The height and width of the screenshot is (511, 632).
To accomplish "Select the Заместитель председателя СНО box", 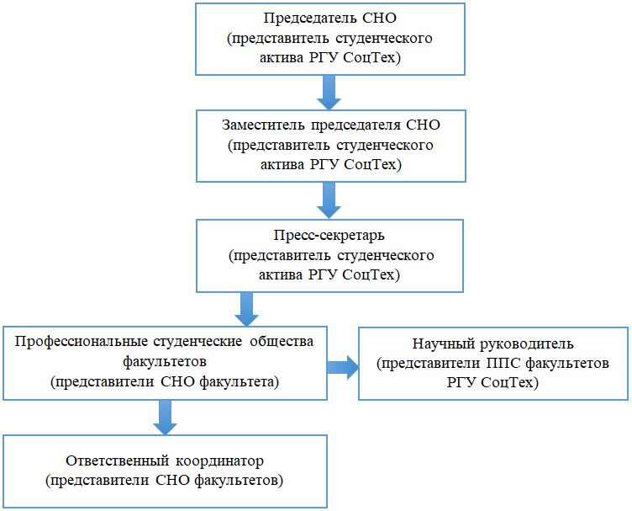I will point(329,146).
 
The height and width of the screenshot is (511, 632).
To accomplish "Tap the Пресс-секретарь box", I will point(329,254).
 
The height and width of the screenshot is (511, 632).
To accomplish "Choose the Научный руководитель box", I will point(492,364).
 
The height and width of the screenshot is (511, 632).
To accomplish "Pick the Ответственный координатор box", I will point(164,471).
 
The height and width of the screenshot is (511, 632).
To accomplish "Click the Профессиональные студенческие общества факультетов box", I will point(165,363).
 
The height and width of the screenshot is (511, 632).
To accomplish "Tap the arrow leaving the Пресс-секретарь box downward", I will point(246,308).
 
